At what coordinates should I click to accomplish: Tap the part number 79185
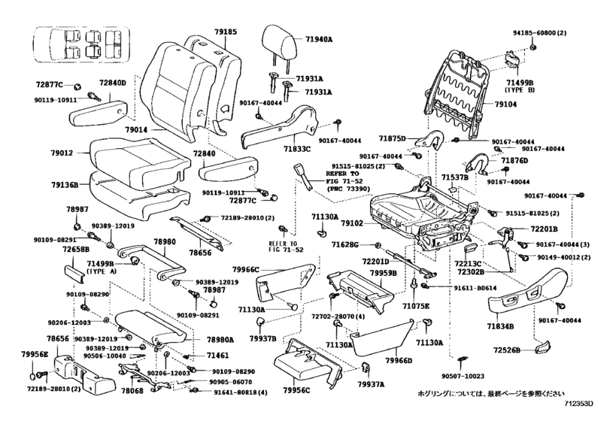(225, 32)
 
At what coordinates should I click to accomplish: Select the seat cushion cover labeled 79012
(140, 159)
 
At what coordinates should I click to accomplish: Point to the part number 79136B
(65, 185)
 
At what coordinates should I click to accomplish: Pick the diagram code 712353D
(579, 404)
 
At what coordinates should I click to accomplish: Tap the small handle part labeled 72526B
(542, 347)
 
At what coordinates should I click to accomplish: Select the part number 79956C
(296, 391)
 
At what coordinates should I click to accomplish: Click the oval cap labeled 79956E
(33, 377)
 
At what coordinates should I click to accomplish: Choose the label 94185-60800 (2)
(539, 33)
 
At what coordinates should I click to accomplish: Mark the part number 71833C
(297, 148)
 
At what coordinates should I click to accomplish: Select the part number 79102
(352, 223)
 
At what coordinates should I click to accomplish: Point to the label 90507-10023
(463, 376)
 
